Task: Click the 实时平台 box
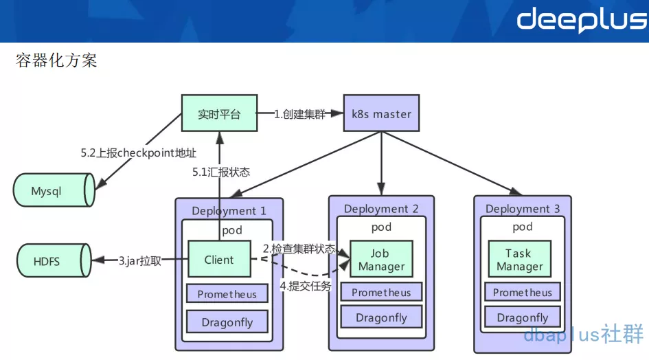click(x=219, y=114)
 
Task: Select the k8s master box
click(x=381, y=113)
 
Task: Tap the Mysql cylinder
click(x=52, y=190)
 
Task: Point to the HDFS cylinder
click(x=52, y=261)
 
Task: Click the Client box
click(x=219, y=260)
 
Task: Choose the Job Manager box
click(x=381, y=259)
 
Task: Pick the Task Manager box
click(x=519, y=259)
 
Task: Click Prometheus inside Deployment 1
click(x=227, y=294)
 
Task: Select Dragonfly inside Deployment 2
click(x=381, y=317)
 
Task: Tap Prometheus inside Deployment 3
click(x=522, y=293)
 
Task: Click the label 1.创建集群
click(x=300, y=114)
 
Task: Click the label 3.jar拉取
click(x=139, y=260)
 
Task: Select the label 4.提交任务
click(x=305, y=286)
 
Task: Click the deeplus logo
click(x=581, y=20)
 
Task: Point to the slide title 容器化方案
click(x=56, y=60)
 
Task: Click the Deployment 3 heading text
click(x=522, y=209)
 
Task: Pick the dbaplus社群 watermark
click(x=583, y=335)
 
